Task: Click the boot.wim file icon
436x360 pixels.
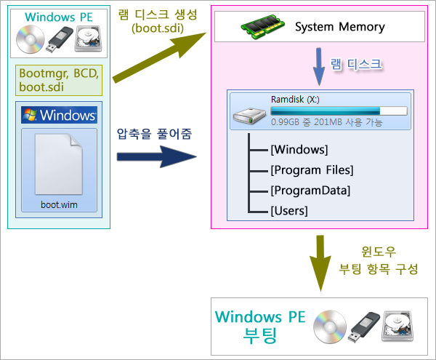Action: point(59,164)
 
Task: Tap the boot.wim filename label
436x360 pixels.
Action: point(59,205)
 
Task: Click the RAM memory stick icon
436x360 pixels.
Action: point(263,27)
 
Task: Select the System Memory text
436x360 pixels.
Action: point(340,27)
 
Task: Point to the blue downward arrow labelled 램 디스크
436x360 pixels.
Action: point(319,67)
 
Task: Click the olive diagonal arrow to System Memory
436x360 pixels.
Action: point(159,57)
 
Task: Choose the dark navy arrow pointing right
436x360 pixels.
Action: point(156,156)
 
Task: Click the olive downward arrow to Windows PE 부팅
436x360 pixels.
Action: point(320,263)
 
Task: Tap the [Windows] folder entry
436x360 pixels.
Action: point(299,150)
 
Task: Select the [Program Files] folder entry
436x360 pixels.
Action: point(312,170)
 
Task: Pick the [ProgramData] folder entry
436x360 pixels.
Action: point(310,191)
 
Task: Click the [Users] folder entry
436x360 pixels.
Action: point(289,211)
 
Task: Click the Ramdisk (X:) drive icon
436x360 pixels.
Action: point(249,116)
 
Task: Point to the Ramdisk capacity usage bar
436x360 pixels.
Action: point(339,111)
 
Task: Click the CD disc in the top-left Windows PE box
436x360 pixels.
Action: point(31,39)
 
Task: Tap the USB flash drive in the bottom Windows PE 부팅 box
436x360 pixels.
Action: point(363,327)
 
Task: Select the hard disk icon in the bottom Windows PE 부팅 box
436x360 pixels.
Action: point(397,326)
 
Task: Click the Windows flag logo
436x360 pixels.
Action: point(30,115)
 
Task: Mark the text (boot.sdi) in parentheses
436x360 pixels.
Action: point(158,28)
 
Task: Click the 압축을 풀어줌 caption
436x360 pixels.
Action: point(154,134)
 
